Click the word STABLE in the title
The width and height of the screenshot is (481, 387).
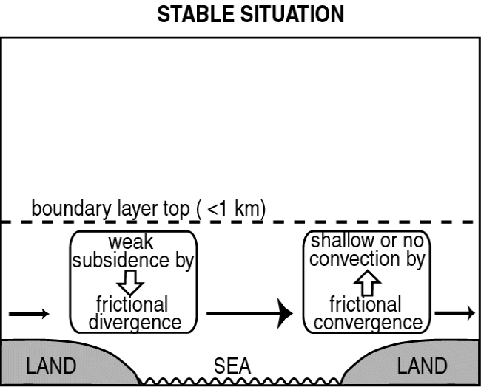(x=197, y=14)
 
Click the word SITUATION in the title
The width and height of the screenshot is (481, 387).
(x=292, y=14)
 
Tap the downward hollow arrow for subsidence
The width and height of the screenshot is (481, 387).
(x=130, y=283)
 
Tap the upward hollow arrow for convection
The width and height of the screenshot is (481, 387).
(x=368, y=283)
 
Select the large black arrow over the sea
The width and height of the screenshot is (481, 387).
(x=249, y=313)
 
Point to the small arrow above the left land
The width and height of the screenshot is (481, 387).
(x=29, y=314)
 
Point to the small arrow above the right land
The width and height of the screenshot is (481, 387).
(x=455, y=313)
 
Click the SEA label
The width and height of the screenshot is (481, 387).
(x=232, y=366)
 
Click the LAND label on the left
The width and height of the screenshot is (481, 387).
(x=51, y=366)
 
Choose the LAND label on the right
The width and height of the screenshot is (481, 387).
(x=422, y=366)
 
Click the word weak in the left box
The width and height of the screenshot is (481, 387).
(x=131, y=242)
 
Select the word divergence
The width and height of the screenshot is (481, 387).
(x=135, y=323)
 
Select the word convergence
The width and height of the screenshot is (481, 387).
(x=368, y=323)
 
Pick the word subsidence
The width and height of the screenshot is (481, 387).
(x=121, y=260)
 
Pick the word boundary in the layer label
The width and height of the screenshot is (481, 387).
(x=72, y=209)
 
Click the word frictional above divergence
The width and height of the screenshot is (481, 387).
(x=132, y=304)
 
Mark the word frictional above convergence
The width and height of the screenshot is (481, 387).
(x=366, y=304)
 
